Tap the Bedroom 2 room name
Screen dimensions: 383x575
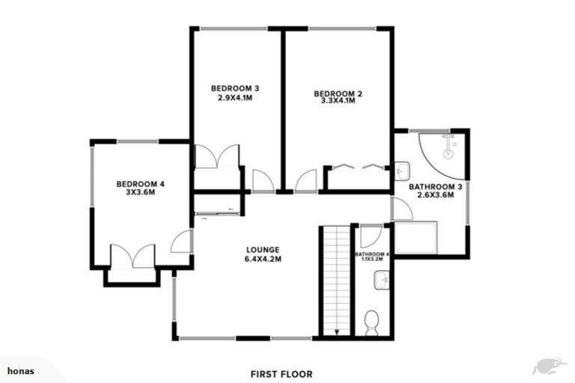pyautogui.click(x=333, y=94)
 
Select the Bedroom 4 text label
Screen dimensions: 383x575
pyautogui.click(x=140, y=183)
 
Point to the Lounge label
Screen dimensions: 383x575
pyautogui.click(x=263, y=250)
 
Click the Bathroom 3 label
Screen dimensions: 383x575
pyautogui.click(x=431, y=186)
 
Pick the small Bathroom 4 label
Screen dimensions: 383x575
pyautogui.click(x=372, y=255)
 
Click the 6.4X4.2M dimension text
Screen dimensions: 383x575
pyautogui.click(x=263, y=260)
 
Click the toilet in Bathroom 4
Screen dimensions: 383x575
pyautogui.click(x=372, y=324)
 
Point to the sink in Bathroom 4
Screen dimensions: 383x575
pyautogui.click(x=380, y=281)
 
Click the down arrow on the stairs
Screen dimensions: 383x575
pyautogui.click(x=337, y=330)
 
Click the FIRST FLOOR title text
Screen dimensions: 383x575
pyautogui.click(x=282, y=373)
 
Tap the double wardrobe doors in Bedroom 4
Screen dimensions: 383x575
pyautogui.click(x=132, y=256)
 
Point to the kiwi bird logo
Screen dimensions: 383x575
pyautogui.click(x=544, y=366)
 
